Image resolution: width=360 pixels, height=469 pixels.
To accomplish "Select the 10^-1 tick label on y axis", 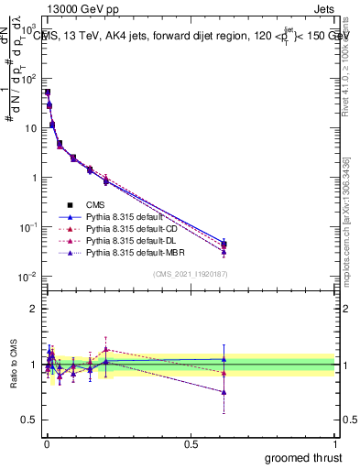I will click(x=26, y=227).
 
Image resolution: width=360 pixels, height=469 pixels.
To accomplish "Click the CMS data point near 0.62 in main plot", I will click(x=224, y=245).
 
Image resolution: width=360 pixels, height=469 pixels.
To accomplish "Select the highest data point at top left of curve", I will click(x=48, y=92).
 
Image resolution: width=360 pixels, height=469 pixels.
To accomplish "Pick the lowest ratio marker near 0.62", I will click(x=224, y=392).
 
